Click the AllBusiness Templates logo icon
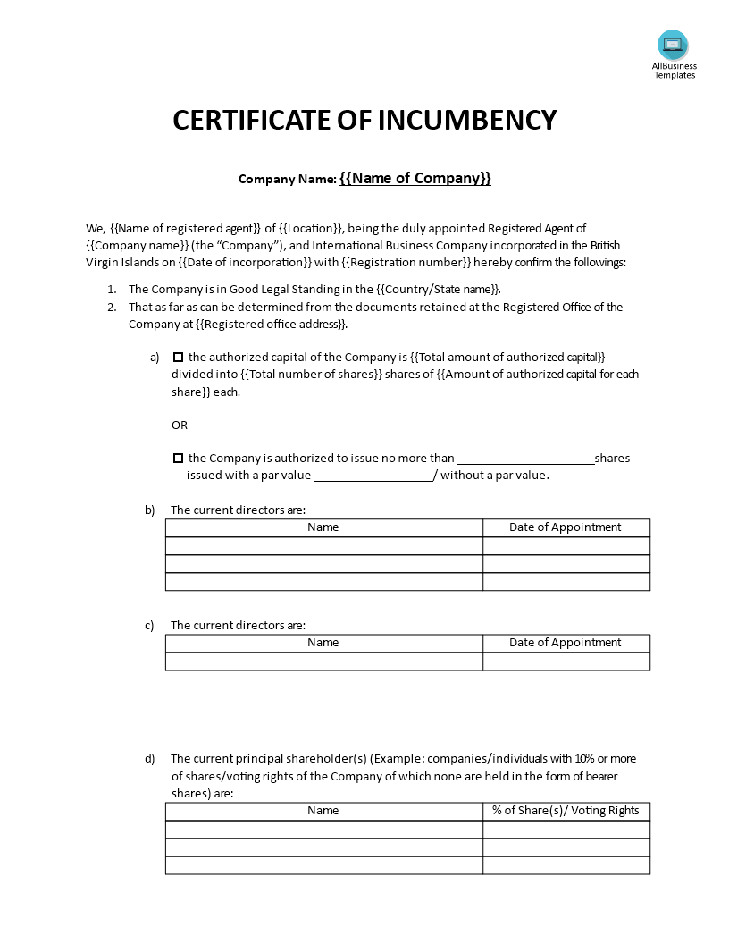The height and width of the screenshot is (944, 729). [673, 45]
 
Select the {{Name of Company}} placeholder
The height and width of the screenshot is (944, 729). [415, 178]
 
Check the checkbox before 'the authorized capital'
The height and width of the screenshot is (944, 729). [178, 357]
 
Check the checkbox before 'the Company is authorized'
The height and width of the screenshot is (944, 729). [178, 458]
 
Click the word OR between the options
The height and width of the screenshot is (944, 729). [180, 425]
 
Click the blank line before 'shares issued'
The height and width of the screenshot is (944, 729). [525, 459]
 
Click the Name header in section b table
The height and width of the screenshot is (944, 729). [323, 527]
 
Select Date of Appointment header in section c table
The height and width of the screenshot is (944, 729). [565, 643]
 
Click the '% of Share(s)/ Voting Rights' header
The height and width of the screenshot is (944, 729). [566, 811]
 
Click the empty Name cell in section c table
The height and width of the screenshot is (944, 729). [323, 662]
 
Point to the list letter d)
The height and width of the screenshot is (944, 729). [150, 759]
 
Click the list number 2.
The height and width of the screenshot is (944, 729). [112, 307]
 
